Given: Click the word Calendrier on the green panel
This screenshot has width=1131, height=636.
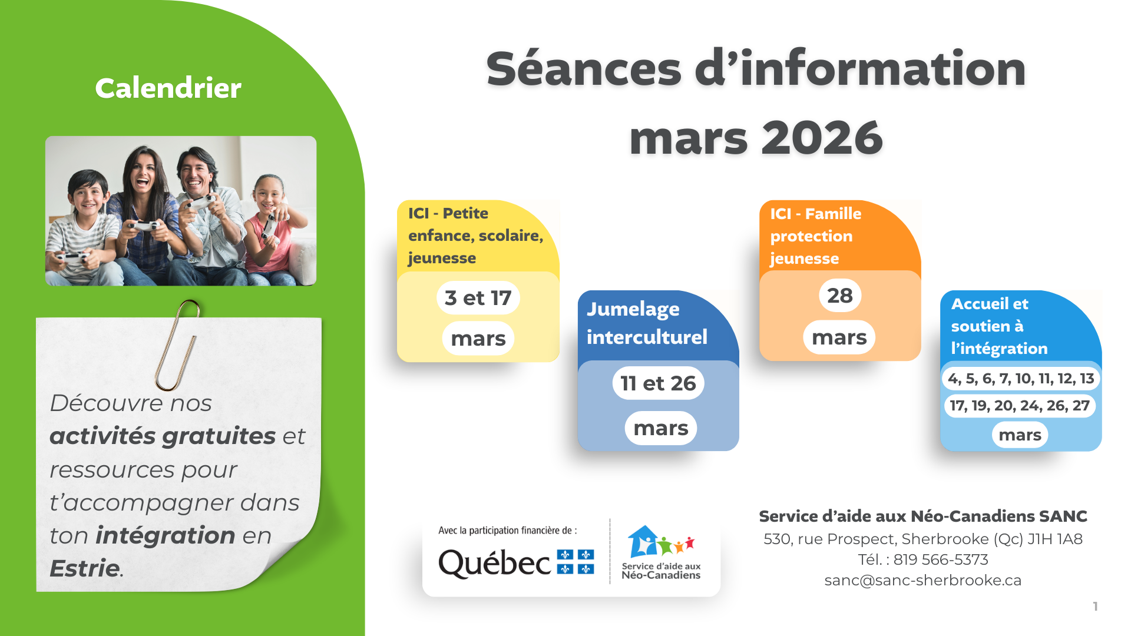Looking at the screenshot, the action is [168, 88].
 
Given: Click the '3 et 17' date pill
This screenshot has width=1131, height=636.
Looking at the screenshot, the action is [478, 298].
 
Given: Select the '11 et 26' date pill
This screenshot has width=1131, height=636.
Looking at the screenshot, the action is [658, 383].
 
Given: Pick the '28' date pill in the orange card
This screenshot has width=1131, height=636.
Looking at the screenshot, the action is [839, 296].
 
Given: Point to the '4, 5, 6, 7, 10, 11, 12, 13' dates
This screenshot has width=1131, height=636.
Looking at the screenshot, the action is [1021, 378].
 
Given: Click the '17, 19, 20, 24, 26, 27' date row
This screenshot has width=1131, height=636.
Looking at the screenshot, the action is [1020, 405].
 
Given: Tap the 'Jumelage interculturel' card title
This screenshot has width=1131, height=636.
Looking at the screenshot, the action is [647, 323].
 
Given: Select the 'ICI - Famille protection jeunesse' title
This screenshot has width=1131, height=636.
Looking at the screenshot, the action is [815, 236].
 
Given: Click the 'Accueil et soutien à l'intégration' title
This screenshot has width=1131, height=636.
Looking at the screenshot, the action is [999, 326].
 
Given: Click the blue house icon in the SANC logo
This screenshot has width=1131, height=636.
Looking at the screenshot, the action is [642, 541].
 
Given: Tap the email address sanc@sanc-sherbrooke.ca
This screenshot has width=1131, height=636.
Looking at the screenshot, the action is [922, 580].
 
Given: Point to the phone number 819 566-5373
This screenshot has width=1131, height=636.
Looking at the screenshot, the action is [941, 559].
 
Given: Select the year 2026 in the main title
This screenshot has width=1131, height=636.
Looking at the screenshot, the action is [822, 138].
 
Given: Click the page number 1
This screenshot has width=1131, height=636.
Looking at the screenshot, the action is [1095, 606].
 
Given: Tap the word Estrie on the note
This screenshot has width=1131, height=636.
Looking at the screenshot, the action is [85, 568].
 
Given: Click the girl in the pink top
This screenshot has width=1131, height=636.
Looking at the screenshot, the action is [271, 227].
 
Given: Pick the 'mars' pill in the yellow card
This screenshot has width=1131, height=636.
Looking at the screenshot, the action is [478, 339].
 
